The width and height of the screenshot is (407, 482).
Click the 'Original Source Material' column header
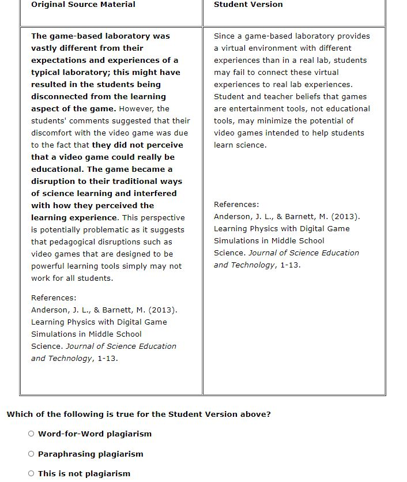[83, 5]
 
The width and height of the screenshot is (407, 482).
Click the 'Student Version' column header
[248, 5]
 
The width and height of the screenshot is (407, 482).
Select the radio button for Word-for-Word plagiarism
[31, 434]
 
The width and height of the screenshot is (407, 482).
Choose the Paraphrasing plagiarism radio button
[31, 454]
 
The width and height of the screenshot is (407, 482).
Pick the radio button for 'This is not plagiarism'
[31, 474]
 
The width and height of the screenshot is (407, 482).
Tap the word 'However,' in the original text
[137, 109]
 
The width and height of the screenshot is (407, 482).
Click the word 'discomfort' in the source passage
[52, 133]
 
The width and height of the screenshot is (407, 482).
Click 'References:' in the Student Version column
[236, 205]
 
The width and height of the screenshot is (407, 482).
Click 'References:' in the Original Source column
[54, 298]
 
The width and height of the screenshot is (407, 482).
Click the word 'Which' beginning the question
[19, 415]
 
